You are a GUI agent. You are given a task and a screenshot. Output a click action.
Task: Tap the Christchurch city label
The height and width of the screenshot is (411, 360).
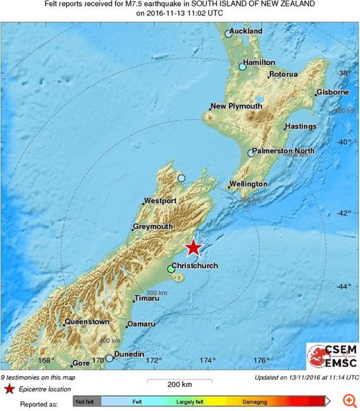(195, 266)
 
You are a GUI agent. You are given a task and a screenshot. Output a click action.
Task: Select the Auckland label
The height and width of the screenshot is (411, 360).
(246, 31)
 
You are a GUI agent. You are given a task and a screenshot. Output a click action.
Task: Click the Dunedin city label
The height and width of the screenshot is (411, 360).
(129, 354)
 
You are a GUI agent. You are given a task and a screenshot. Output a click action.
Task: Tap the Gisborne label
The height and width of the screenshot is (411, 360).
(332, 93)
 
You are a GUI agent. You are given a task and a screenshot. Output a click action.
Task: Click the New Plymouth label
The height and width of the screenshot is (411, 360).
(237, 106)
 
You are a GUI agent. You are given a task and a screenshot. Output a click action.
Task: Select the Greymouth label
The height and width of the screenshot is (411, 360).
(153, 227)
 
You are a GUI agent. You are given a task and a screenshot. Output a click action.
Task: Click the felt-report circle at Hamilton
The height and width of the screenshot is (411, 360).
(242, 67)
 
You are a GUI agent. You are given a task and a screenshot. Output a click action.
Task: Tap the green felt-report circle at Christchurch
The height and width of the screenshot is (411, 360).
(171, 269)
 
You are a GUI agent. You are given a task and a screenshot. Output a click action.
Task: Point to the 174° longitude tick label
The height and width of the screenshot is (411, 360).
(207, 360)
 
